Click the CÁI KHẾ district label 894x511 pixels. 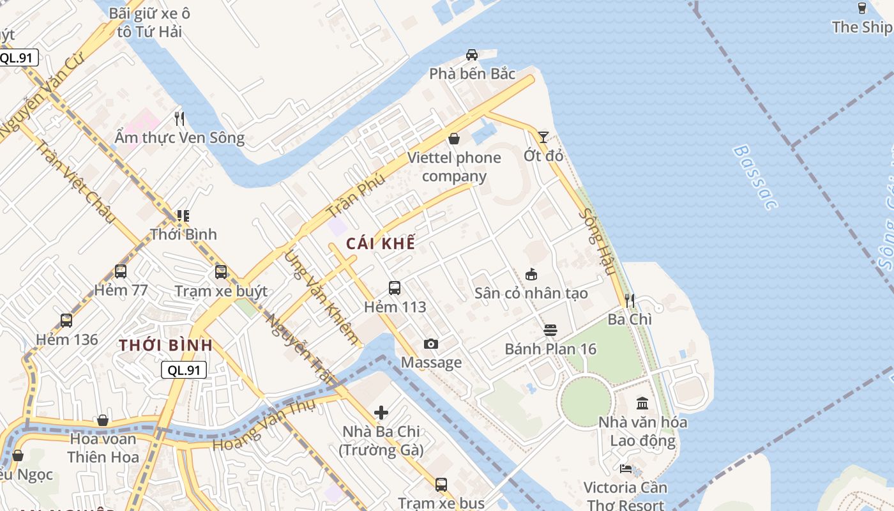pos(381,243)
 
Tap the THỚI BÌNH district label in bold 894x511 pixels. pos(165,346)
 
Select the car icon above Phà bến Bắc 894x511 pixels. pos(472,55)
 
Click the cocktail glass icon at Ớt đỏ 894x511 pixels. pos(543,137)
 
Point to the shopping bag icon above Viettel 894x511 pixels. pos(454,139)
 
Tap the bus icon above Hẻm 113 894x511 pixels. pos(395,288)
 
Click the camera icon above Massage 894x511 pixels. pos(431,344)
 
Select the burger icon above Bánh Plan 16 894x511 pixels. pos(550,330)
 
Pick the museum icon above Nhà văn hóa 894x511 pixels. pos(642,404)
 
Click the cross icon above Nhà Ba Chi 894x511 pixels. pos(381,413)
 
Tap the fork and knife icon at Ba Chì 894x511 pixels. pos(630,300)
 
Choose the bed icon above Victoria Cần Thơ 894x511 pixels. pos(626,469)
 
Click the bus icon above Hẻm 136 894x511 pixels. pos(66,321)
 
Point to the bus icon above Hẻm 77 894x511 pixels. pos(121,271)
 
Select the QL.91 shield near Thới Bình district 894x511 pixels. pos(184,370)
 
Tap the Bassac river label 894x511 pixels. pos(755,178)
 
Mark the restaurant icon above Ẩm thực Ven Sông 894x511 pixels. pos(179,118)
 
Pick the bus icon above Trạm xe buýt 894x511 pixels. pos(221,272)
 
